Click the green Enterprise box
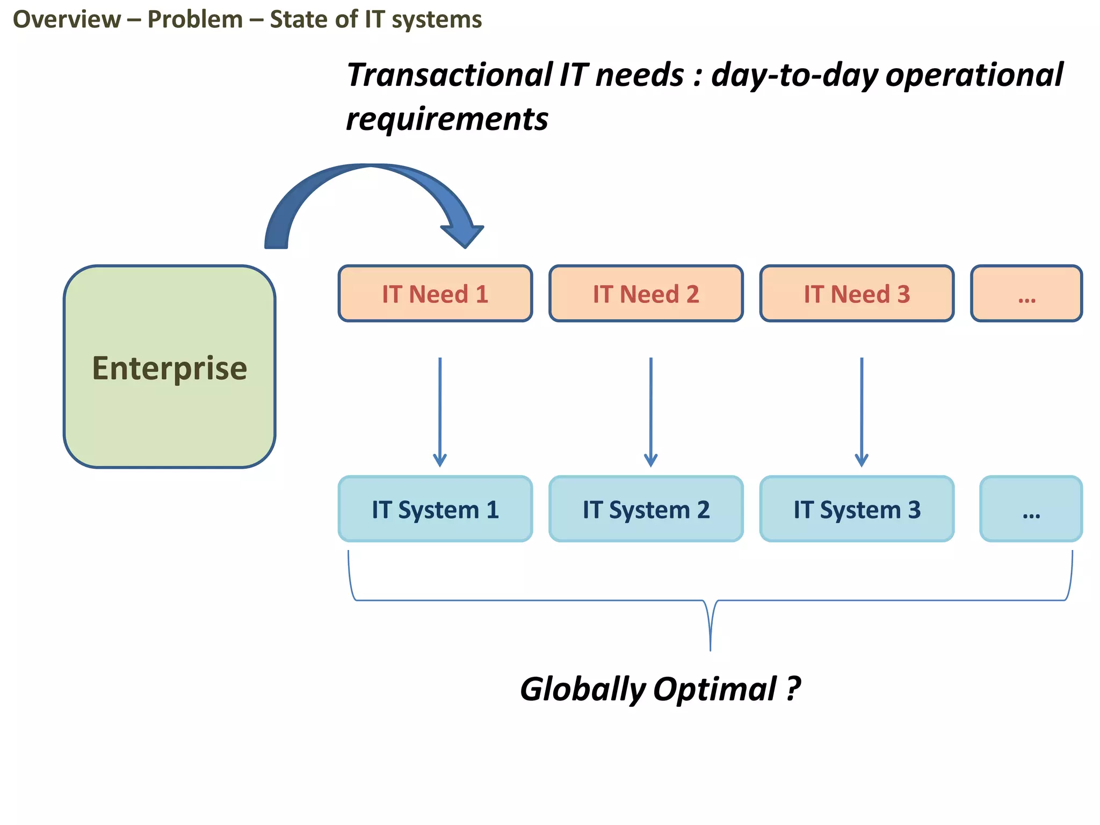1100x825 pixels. [169, 367]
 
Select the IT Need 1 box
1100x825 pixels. [435, 294]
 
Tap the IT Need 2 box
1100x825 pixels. [646, 294]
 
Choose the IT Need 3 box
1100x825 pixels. [857, 294]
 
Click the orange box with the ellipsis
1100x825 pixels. [1026, 294]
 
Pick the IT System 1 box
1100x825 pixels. [435, 509]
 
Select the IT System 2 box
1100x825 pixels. [646, 509]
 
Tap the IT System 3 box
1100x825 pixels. [857, 509]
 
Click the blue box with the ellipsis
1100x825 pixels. [1031, 509]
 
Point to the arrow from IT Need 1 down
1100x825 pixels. [440, 411]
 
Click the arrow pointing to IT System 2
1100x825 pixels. [650, 411]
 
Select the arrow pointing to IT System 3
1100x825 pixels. [862, 411]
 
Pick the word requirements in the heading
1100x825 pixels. [447, 119]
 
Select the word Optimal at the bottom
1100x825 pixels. [714, 689]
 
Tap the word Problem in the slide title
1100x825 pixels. [195, 19]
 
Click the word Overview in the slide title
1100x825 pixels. [67, 19]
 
